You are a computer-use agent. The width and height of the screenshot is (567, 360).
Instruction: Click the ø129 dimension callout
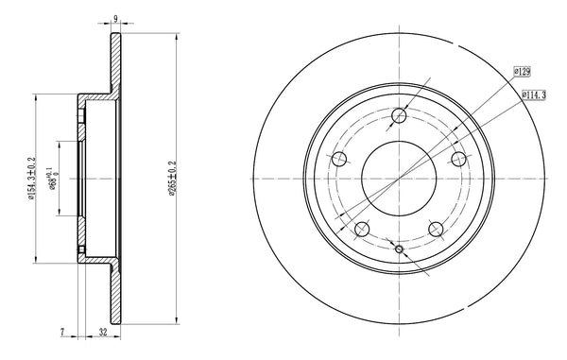click(x=523, y=72)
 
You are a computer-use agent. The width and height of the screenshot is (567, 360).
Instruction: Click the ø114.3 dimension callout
click(x=534, y=95)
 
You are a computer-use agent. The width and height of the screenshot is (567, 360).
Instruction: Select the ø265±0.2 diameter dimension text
click(x=172, y=179)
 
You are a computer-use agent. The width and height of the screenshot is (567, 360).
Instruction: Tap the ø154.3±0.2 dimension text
click(x=31, y=179)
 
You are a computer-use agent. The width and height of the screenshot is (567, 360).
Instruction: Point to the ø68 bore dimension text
click(x=53, y=179)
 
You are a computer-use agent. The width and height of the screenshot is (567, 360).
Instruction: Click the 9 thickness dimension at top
click(x=115, y=19)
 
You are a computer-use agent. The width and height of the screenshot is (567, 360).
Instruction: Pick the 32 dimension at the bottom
click(x=103, y=333)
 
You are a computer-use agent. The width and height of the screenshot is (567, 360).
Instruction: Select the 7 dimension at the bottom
click(x=62, y=333)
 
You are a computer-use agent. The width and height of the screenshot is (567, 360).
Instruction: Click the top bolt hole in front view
click(x=399, y=115)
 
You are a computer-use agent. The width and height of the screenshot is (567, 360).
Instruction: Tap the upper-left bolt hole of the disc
click(x=339, y=159)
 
